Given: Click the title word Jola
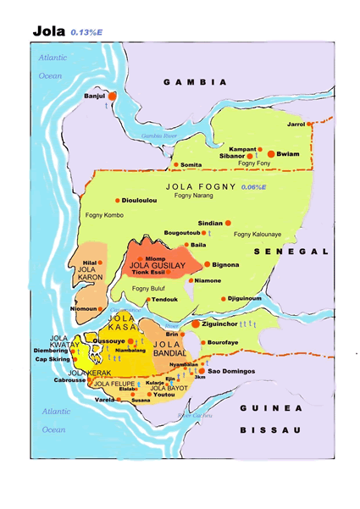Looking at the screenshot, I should (49, 30).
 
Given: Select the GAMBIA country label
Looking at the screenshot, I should (195, 82).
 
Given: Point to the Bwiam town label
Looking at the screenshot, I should (288, 155).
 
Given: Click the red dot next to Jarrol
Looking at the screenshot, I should (311, 124).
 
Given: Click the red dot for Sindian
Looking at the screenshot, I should (228, 223).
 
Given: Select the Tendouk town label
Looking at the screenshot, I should (164, 299).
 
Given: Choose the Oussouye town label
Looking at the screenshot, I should (108, 340).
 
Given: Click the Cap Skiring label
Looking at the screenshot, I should (53, 358).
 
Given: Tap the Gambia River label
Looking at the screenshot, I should (158, 135).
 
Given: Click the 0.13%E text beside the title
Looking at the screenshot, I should (88, 31).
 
